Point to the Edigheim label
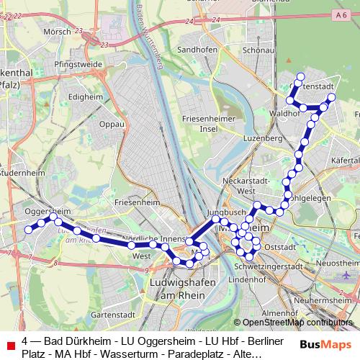pos(84,96)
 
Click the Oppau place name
pos(112,123)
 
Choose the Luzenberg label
pos(261,137)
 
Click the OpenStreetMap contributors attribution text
pos(292,323)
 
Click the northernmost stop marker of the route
pos(301,76)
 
